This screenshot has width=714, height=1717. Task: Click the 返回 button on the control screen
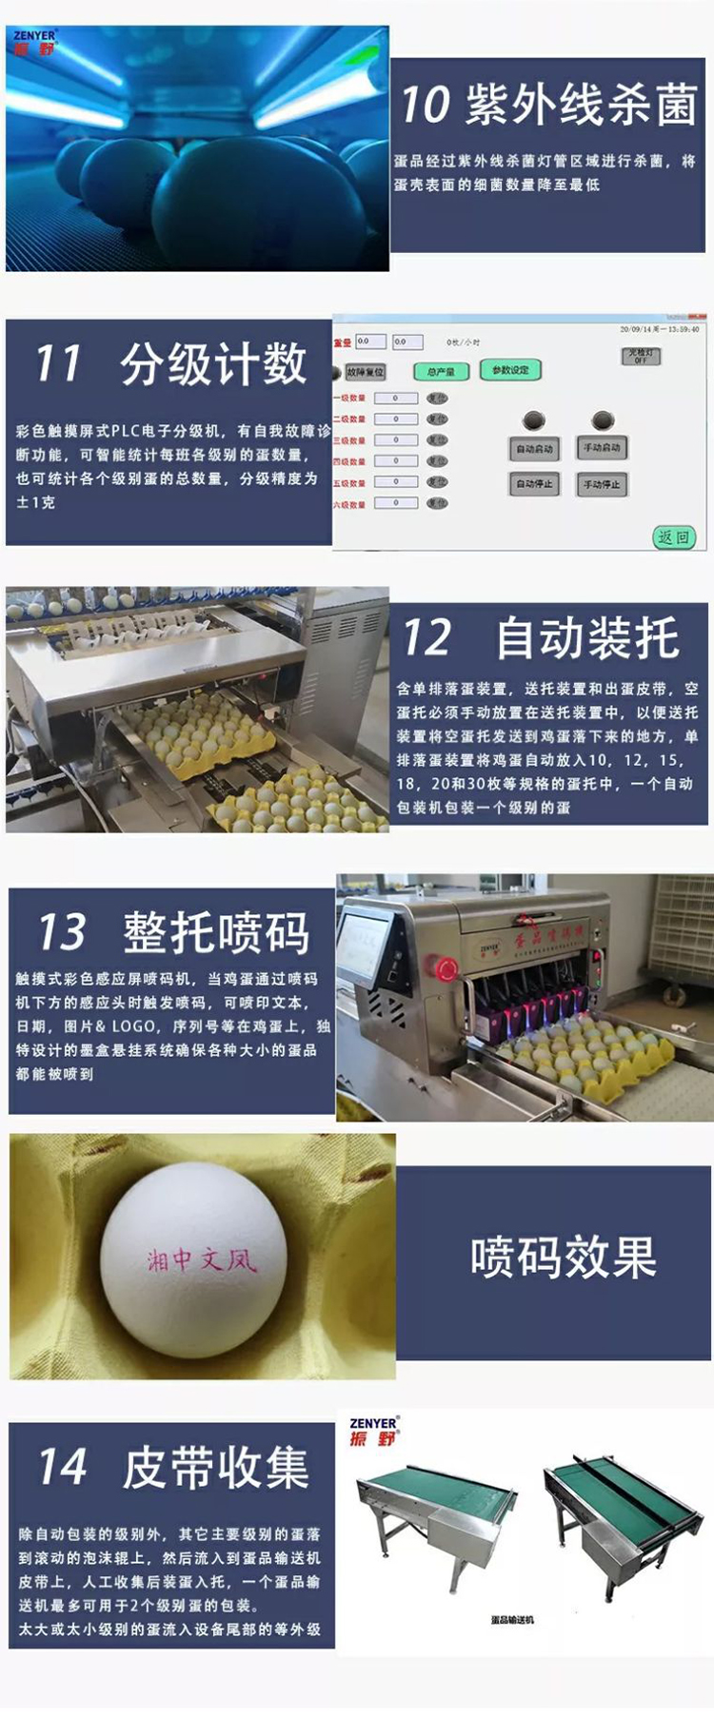(x=674, y=537)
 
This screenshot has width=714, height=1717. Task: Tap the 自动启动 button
(x=534, y=448)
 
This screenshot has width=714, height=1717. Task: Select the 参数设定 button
(x=510, y=370)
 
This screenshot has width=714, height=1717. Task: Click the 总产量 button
(x=441, y=372)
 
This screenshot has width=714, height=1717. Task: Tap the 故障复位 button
(x=365, y=372)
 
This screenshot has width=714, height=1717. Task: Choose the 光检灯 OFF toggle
(x=640, y=356)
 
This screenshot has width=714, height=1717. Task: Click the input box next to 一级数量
(x=396, y=399)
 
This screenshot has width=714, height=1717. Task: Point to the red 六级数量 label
(x=349, y=504)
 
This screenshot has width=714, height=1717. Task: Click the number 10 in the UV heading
(x=425, y=105)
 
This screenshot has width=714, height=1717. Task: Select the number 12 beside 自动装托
(x=426, y=637)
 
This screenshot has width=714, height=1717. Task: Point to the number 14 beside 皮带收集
(x=62, y=1466)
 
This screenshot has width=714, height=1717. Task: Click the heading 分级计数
(x=213, y=363)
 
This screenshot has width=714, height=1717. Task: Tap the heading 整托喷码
(x=216, y=932)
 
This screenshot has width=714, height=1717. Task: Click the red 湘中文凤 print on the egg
(x=201, y=1261)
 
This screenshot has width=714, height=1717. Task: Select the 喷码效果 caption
(x=564, y=1258)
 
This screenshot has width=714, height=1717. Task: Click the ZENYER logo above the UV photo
(x=35, y=42)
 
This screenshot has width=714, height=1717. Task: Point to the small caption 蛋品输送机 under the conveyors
(x=512, y=1620)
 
